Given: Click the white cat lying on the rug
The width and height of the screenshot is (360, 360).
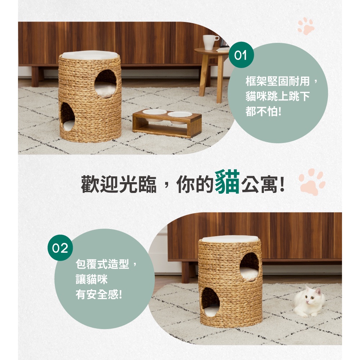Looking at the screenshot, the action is [309, 301].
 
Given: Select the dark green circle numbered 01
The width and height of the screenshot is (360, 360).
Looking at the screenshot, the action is [241, 55].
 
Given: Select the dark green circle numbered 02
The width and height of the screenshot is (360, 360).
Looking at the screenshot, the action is [60, 248].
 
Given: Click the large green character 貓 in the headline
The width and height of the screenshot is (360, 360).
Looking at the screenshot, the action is [227, 182].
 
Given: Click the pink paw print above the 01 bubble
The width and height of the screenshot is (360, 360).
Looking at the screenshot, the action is [306, 26].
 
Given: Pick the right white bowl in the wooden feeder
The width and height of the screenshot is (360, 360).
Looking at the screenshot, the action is [180, 115].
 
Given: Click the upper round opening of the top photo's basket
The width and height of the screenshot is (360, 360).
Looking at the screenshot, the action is [105, 84].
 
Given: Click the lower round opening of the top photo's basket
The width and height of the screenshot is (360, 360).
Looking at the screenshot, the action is [67, 117].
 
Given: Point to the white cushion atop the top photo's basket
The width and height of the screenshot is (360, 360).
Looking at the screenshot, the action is [90, 55].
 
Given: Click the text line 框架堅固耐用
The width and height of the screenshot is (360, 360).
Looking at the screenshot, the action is [278, 81].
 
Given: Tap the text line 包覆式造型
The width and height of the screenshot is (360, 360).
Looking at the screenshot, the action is [102, 264].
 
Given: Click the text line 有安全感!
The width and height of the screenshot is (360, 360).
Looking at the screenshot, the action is [99, 294].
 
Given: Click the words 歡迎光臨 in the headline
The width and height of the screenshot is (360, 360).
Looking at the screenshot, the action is [119, 184].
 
